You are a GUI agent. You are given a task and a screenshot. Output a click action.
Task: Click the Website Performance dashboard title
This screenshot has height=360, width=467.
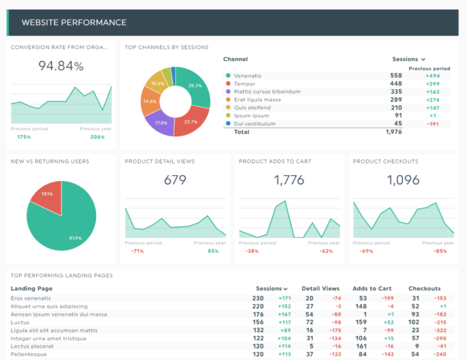pos(74,22)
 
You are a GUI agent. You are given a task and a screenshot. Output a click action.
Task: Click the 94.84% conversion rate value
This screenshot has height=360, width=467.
pos(60,66)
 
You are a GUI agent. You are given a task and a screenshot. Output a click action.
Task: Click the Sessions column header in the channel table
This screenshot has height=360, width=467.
pos(405,59)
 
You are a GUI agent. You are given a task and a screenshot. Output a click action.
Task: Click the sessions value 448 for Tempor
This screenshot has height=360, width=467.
pos(396,83)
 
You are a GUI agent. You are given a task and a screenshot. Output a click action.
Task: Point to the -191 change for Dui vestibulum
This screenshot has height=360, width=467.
pos(432,123)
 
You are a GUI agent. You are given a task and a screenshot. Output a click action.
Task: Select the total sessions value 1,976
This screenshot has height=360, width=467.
pos(393,131)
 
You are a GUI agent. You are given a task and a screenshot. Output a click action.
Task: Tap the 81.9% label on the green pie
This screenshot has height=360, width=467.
pos(75,237)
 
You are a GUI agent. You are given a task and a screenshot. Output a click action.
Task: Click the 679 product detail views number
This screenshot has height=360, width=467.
pos(175,180)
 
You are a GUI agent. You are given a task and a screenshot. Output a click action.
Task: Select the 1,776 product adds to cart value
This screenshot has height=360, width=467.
pos(289,180)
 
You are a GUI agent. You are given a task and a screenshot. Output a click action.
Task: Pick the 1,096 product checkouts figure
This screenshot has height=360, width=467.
pos(403,180)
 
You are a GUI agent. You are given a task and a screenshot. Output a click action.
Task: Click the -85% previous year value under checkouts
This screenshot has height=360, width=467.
pos(440,251)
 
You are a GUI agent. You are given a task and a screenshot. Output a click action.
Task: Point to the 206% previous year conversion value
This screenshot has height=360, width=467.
pos(97,137)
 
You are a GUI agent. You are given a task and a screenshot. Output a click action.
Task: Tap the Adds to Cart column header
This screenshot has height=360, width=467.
pos(372,288)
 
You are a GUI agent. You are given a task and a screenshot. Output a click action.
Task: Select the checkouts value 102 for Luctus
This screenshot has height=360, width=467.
pos(413,322)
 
